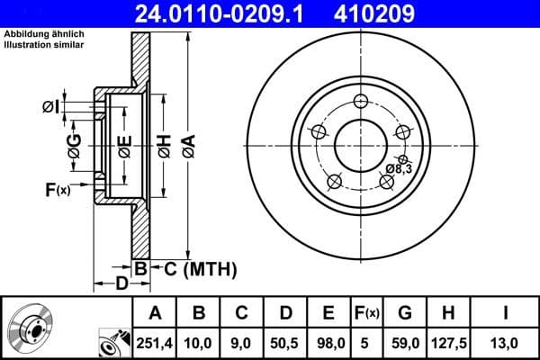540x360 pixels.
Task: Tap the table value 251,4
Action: [x=155, y=342]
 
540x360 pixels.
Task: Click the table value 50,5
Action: [x=285, y=342]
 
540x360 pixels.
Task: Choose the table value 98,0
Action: [x=328, y=342]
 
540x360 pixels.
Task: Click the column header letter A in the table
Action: [x=155, y=313]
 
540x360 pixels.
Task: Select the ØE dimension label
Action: [x=125, y=145]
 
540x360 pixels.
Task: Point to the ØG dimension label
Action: [x=75, y=145]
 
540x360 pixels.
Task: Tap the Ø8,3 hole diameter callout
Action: [x=398, y=168]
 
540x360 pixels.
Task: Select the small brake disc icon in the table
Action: [x=30, y=328]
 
